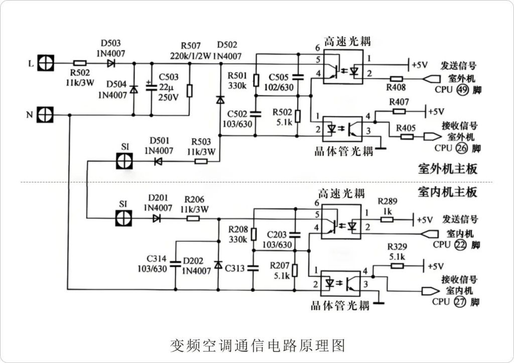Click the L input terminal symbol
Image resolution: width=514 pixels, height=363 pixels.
click(46, 63)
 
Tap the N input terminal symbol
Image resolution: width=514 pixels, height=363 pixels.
click(46, 115)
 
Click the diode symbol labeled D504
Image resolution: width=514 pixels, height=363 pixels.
click(134, 89)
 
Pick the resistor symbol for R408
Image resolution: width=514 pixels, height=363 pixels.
click(397, 79)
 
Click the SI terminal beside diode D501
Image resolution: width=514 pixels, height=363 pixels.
click(124, 161)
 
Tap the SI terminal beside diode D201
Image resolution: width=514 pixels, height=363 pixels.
click(124, 218)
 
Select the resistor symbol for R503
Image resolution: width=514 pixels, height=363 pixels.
click(201, 161)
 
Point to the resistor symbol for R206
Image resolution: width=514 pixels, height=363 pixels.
click(193, 218)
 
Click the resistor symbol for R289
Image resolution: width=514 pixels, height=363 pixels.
click(387, 218)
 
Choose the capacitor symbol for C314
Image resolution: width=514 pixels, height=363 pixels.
click(175, 264)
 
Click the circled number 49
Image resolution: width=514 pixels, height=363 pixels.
click(461, 90)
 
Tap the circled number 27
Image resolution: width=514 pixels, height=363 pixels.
click(460, 302)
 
